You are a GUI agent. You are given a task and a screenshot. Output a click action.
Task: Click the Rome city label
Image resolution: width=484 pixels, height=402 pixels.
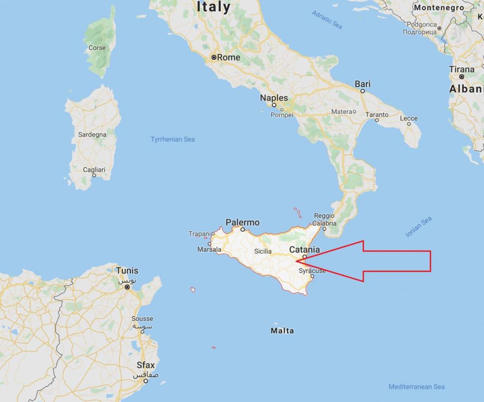pyautogui.click(x=228, y=57)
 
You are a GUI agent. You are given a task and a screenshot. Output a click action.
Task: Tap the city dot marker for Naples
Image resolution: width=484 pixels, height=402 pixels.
pyautogui.click(x=274, y=105)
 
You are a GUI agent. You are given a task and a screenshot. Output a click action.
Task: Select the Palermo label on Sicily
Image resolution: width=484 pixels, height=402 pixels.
pyautogui.click(x=242, y=223)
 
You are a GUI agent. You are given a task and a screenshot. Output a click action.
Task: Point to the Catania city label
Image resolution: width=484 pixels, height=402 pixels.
pyautogui.click(x=304, y=250)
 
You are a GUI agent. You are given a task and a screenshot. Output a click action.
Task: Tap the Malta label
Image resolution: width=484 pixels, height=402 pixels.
pyautogui.click(x=282, y=331)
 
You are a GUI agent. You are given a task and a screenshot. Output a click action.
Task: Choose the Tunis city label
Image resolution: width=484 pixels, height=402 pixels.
pyautogui.click(x=127, y=271)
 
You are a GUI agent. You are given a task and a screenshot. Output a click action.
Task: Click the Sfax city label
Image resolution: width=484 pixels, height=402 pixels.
pyautogui.click(x=145, y=366)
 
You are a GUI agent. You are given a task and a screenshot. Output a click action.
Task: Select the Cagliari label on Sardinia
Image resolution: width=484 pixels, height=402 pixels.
pyautogui.click(x=94, y=170)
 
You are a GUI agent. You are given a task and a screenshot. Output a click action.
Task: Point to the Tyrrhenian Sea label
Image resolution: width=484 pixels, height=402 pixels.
pyautogui.click(x=173, y=140)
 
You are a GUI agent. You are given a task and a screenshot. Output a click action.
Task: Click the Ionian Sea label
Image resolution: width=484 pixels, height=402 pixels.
pyautogui.click(x=419, y=227)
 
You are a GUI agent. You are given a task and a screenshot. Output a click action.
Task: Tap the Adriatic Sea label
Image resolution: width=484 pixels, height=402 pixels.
pyautogui.click(x=327, y=19)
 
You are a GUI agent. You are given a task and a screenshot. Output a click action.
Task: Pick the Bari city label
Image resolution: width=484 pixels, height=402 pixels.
pyautogui.click(x=363, y=84)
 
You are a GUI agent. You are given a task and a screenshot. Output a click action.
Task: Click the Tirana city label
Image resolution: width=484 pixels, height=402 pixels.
pyautogui.click(x=462, y=69)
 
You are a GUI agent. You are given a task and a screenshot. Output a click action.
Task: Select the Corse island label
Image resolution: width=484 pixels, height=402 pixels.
pyautogui.click(x=97, y=48)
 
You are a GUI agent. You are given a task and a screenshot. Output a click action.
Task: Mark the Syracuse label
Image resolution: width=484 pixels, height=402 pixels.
pyautogui.click(x=312, y=271)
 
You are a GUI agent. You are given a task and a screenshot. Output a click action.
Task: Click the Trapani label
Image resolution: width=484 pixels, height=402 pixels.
pyautogui.click(x=200, y=234)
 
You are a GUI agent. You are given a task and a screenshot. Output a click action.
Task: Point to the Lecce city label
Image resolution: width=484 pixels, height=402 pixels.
pyautogui.click(x=408, y=119)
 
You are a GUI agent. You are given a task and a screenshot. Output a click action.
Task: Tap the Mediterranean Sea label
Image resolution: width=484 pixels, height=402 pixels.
pyautogui.click(x=416, y=386)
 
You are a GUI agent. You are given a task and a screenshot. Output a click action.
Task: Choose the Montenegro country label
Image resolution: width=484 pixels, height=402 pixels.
pyautogui.click(x=439, y=8)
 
